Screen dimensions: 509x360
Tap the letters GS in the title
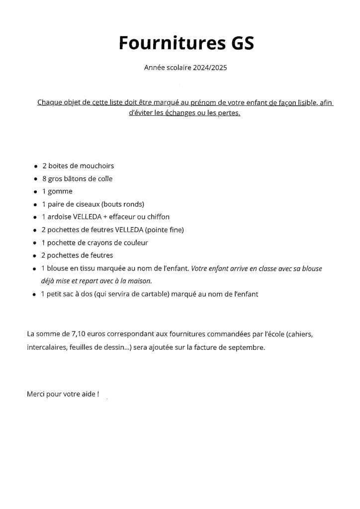click(242, 43)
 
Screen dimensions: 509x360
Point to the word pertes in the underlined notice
click(229, 113)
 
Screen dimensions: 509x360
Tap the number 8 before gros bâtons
click(44, 178)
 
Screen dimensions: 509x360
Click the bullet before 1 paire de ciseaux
click(36, 205)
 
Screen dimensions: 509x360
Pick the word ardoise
click(60, 217)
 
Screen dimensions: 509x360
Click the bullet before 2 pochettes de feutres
click(36, 256)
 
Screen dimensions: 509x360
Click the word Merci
click(36, 394)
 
